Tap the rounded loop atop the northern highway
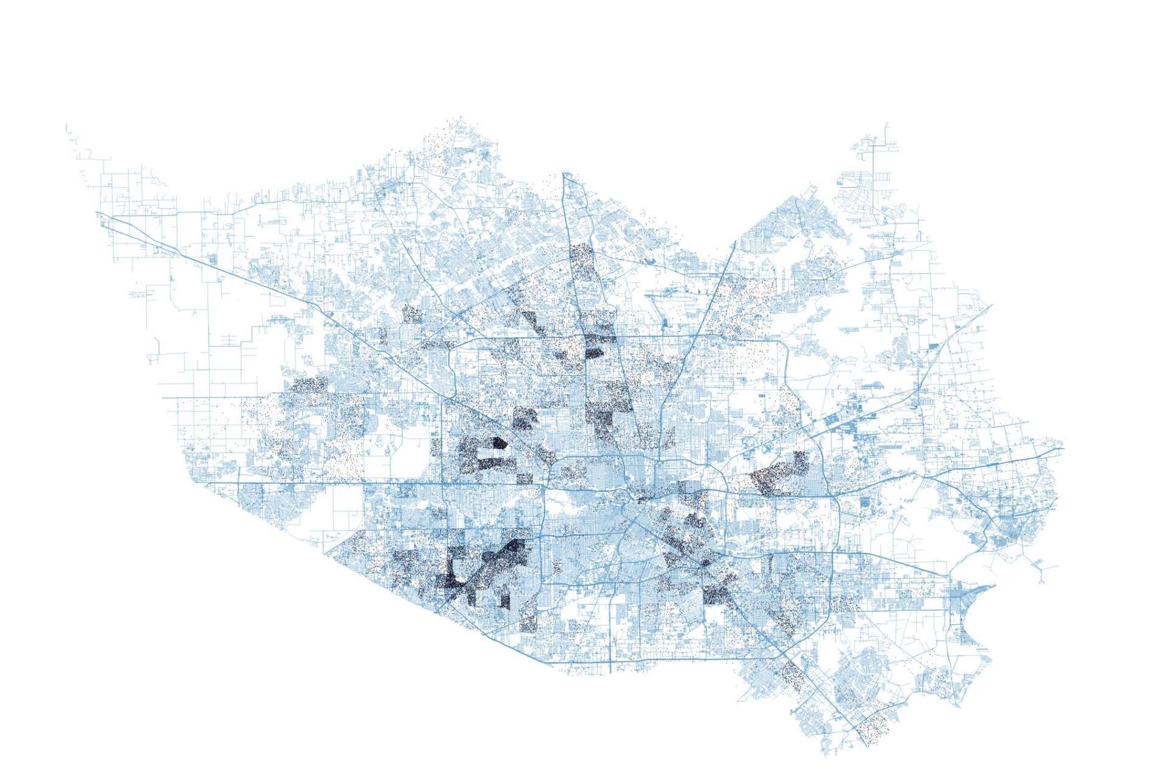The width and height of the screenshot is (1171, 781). click(568, 177)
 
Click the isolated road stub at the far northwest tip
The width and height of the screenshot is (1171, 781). click(66, 128)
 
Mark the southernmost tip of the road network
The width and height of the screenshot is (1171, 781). click(867, 745)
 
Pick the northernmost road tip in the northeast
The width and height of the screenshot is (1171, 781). click(886, 124)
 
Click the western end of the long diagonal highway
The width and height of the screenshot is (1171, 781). click(98, 213)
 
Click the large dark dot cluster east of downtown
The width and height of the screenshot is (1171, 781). click(778, 473)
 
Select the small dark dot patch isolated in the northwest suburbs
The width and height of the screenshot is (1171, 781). click(412, 315)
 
